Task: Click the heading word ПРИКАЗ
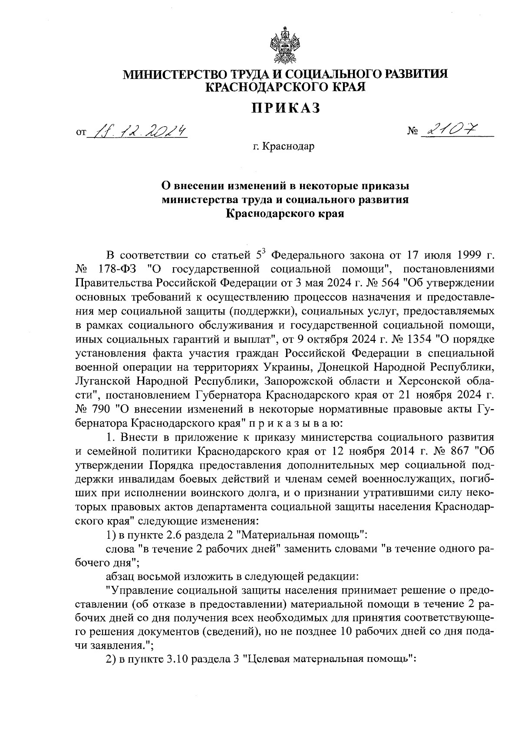coord(286,108)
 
